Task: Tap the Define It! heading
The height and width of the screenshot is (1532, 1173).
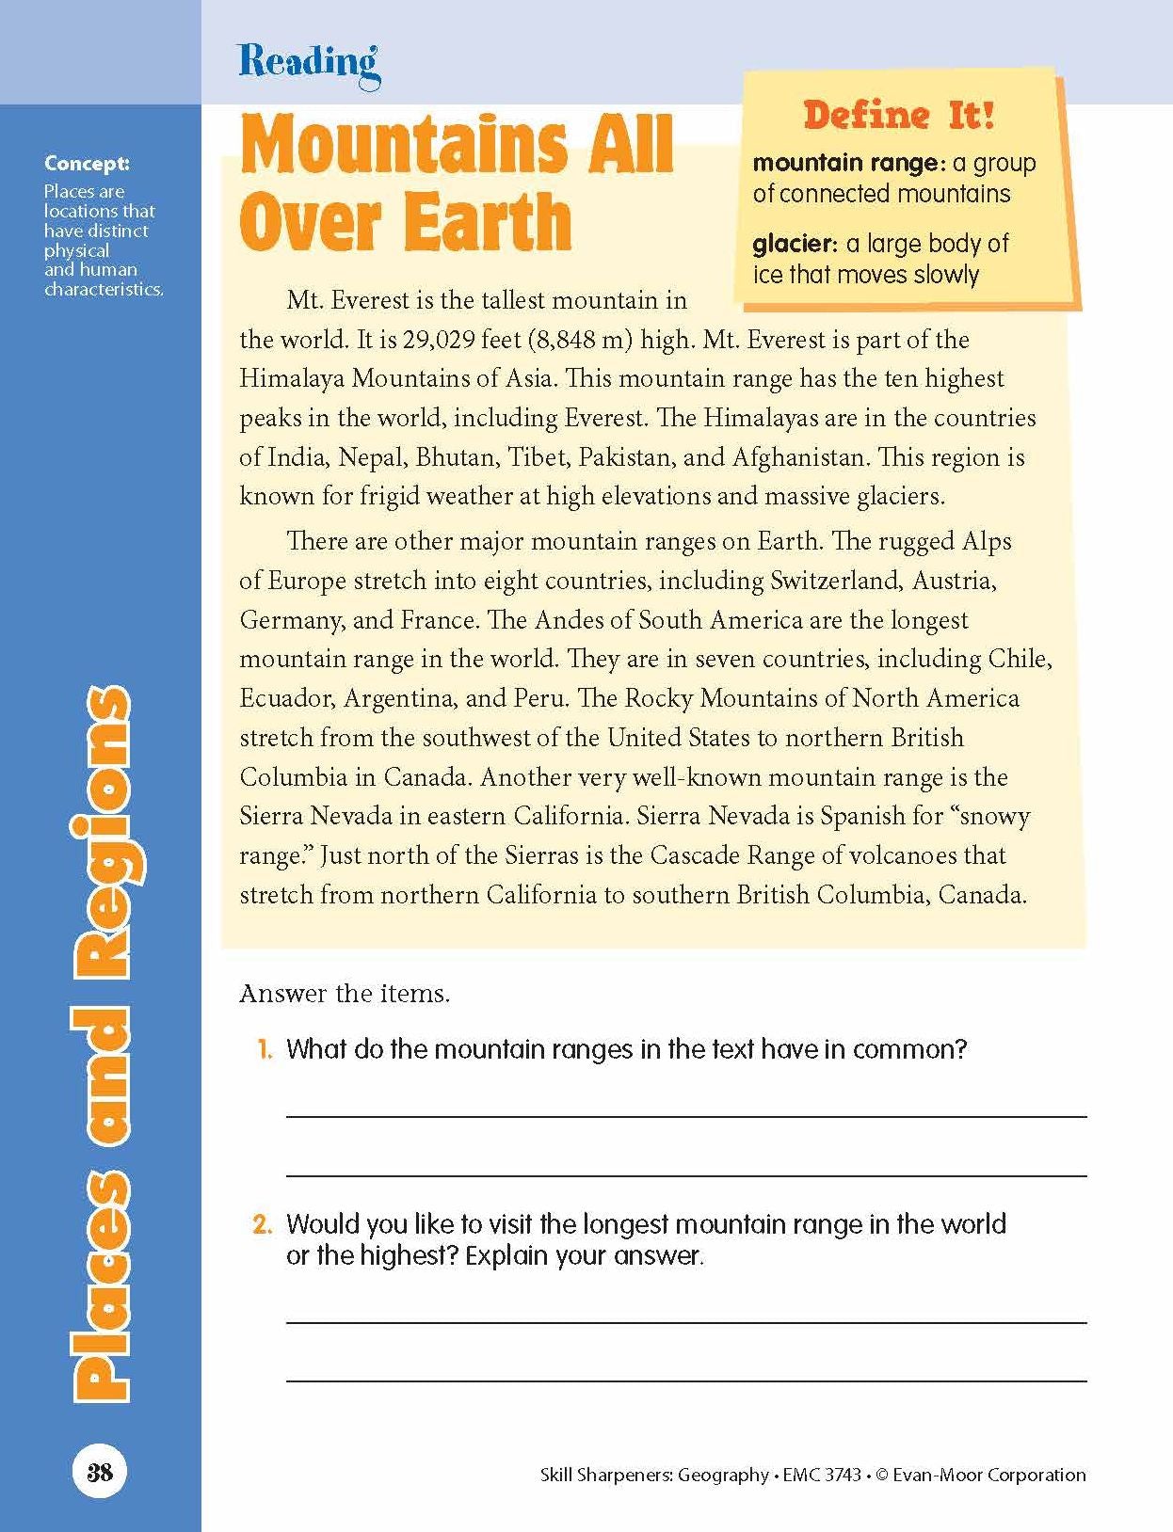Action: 898,115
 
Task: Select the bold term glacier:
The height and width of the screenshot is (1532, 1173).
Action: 795,244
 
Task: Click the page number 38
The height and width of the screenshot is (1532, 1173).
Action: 100,1473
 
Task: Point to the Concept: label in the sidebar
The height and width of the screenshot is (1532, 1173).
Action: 87,164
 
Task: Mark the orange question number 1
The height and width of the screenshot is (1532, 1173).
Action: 265,1049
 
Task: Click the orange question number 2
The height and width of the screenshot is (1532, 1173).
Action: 263,1224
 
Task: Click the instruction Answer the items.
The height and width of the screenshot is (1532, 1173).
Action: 345,994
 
